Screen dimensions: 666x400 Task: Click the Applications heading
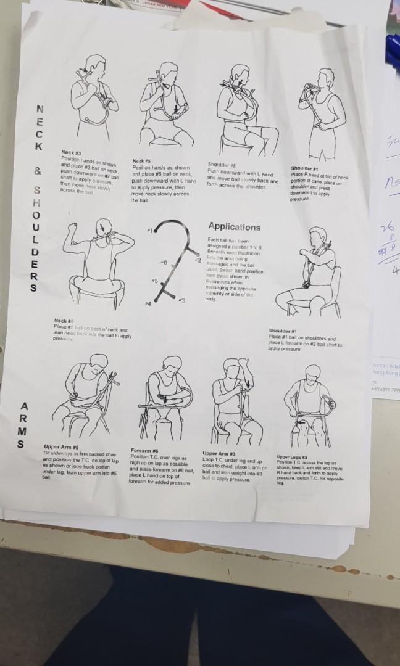[235, 227]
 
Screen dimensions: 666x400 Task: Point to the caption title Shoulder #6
[218, 165]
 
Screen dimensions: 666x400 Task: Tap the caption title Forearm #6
[144, 450]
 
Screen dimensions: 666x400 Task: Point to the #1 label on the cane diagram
[149, 230]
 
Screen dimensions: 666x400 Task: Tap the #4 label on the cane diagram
[147, 304]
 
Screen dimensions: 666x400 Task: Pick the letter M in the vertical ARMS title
[23, 429]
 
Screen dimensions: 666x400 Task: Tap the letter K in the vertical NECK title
[39, 147]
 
